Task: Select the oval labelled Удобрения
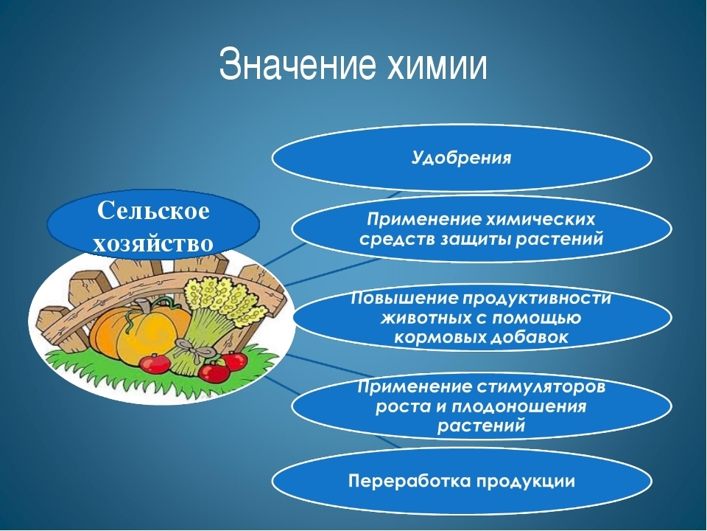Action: (462, 158)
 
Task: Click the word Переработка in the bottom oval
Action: (409, 481)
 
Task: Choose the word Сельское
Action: (153, 211)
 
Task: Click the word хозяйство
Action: (153, 243)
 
